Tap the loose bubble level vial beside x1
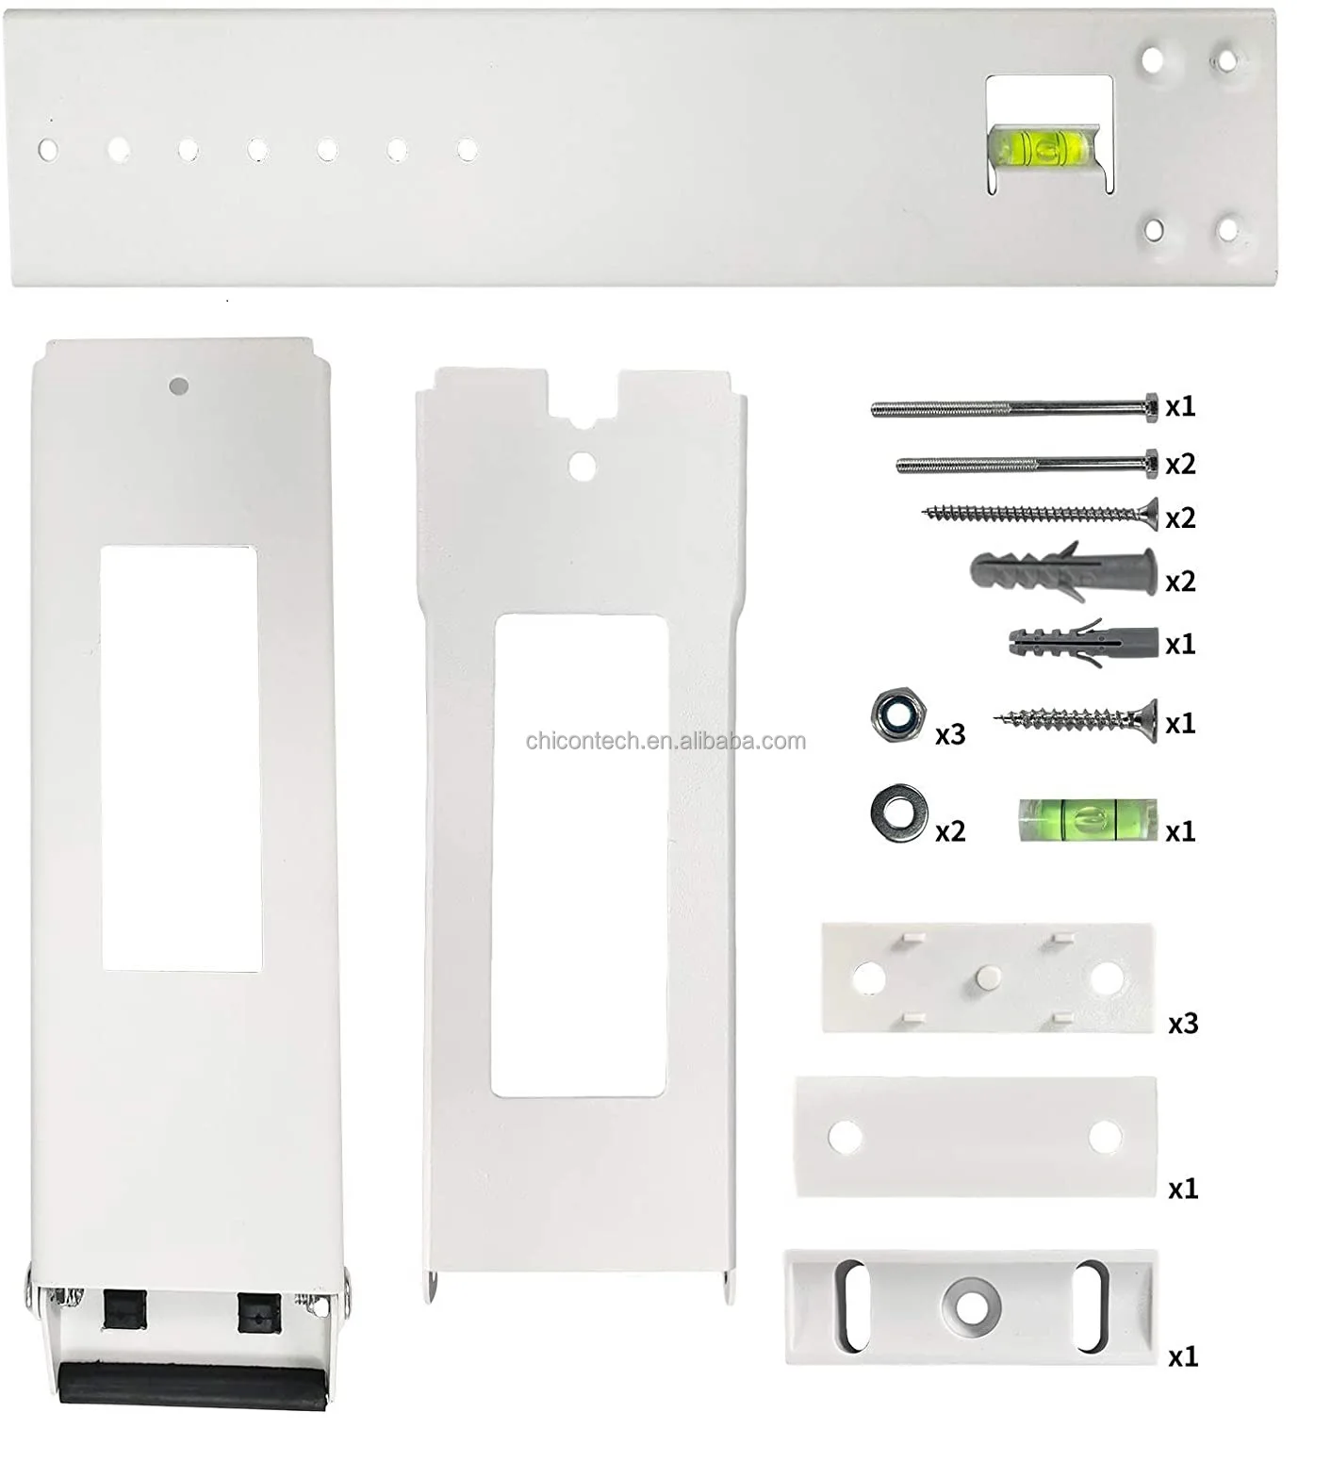[1088, 818]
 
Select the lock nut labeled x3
[896, 716]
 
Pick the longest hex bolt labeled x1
[1014, 407]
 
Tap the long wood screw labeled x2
[1039, 514]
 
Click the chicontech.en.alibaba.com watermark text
[665, 741]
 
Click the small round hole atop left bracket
[179, 386]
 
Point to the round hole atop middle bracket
[583, 464]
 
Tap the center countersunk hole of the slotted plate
[969, 1306]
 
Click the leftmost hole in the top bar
[48, 149]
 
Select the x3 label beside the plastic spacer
[1182, 1024]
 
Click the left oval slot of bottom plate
[851, 1306]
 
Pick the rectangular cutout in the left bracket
[180, 759]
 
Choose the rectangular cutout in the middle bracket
[580, 856]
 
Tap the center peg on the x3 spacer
[984, 977]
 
